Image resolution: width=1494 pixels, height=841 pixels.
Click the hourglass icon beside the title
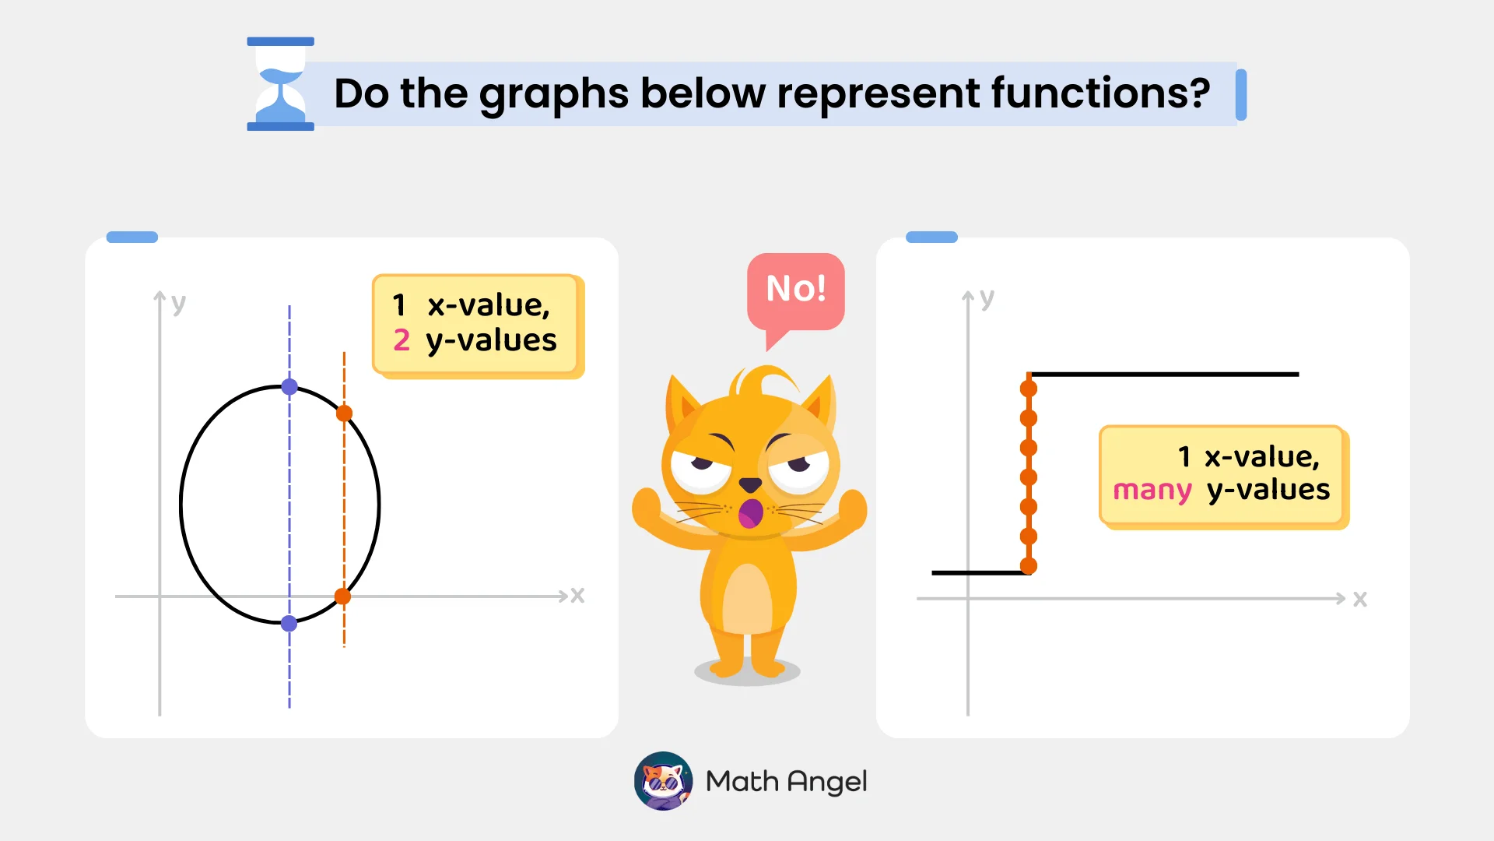(280, 84)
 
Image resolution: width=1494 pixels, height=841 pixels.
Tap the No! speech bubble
(795, 290)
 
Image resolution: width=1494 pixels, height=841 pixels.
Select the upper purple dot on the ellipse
(289, 387)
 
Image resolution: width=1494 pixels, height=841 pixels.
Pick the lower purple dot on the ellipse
(289, 623)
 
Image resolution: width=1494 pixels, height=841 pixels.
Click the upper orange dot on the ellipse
(344, 413)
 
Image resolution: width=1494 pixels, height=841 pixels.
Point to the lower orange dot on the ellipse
(342, 596)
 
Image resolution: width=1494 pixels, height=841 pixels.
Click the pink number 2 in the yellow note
(402, 340)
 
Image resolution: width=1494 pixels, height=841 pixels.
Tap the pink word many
(1152, 491)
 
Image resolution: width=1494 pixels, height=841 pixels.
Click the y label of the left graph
(179, 303)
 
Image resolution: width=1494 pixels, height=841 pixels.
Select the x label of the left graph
(577, 596)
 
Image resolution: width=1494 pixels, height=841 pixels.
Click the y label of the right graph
(987, 297)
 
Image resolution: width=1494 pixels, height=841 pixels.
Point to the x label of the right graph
(1359, 599)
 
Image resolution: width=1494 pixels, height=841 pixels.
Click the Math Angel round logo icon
(663, 781)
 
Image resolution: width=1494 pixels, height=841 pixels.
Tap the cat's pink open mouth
(751, 513)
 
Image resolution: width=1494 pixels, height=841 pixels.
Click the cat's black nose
(750, 484)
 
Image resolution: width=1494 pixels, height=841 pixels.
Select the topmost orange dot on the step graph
(1029, 389)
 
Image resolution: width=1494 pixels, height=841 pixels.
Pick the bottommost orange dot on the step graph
(1029, 566)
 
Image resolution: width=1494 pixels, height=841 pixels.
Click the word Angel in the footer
(827, 782)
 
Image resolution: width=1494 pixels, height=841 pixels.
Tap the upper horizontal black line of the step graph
(1167, 375)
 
